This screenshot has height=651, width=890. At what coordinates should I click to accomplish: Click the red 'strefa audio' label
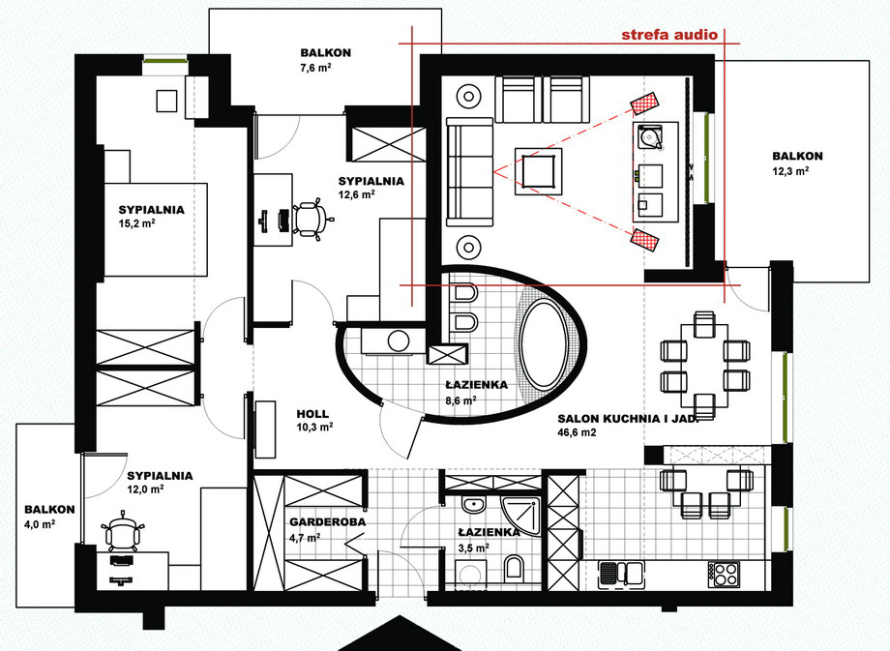point(669,35)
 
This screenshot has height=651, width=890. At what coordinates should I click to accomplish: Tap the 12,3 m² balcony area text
point(790,170)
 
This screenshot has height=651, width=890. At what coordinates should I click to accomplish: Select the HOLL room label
point(312,414)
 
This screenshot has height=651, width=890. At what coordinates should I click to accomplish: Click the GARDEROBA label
point(328,522)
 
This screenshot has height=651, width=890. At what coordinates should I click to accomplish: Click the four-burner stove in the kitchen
point(724,574)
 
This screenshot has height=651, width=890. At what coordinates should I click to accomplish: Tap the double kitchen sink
point(621,574)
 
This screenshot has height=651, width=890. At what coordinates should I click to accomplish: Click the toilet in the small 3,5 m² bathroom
point(514,568)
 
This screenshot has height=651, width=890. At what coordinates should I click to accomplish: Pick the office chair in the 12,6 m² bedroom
point(310,219)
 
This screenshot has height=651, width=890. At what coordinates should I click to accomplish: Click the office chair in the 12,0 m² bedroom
point(122,533)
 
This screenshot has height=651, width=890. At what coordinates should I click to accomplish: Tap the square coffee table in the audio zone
point(538,171)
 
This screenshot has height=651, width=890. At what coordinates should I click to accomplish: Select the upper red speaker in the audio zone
point(645,103)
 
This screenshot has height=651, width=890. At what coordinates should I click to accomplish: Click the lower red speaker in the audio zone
point(645,241)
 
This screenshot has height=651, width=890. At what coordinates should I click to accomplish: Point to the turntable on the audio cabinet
point(650,136)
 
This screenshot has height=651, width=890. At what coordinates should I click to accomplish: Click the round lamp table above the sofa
point(469,96)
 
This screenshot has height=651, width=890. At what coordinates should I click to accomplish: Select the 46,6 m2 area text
point(578,432)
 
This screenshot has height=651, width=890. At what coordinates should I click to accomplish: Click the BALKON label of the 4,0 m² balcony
point(49,510)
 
